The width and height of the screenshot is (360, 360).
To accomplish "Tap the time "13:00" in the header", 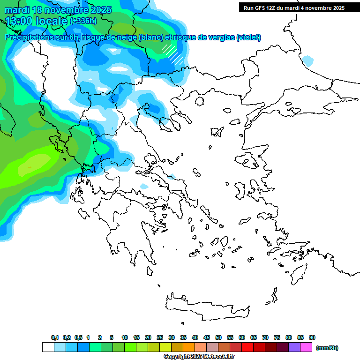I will (x=19, y=21).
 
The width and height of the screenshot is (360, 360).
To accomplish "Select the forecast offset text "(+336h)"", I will (x=83, y=21).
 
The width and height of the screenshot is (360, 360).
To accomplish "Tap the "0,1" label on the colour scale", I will (x=55, y=337).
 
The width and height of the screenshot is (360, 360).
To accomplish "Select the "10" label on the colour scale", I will (x=125, y=337).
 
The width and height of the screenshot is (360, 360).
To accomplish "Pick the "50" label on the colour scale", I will (x=218, y=337).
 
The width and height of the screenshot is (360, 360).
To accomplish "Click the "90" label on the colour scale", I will (x=312, y=337).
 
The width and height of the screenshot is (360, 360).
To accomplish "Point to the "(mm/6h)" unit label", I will (x=327, y=348).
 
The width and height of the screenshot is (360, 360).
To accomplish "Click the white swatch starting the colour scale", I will (x=48, y=347).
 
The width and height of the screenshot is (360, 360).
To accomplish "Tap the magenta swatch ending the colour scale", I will (x=306, y=347).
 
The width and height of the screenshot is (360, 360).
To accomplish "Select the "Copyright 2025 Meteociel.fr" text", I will (x=199, y=357).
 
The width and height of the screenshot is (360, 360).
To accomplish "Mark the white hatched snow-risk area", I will (x=172, y=53).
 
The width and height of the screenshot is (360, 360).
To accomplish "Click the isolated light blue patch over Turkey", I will (x=307, y=60).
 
